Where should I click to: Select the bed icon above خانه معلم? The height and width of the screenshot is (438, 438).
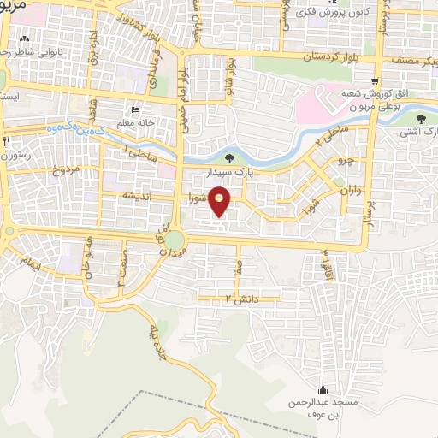[135, 110]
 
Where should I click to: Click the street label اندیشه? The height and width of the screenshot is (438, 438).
[138, 197]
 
